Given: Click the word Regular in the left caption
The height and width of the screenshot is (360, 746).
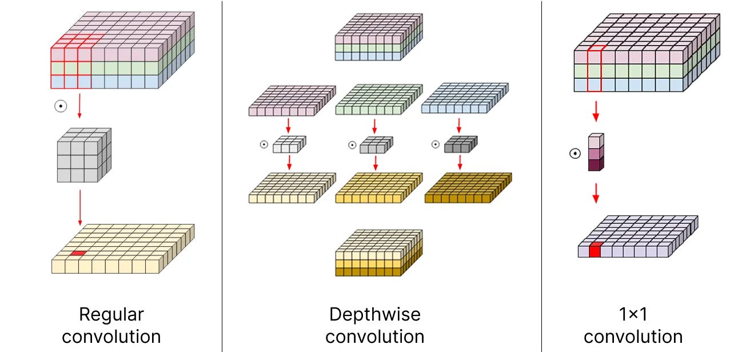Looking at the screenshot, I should click(111, 314).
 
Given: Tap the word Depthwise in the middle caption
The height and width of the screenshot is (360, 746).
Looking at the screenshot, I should click(375, 314).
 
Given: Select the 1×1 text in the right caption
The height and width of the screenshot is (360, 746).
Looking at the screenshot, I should click(633, 314).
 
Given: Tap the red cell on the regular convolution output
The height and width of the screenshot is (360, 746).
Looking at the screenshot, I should click(78, 253).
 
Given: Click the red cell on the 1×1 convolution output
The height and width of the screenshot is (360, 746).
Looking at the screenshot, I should click(595, 250).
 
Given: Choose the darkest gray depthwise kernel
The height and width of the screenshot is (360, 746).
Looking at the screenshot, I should click(460, 143).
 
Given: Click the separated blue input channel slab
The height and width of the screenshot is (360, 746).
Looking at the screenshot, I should click(464, 101).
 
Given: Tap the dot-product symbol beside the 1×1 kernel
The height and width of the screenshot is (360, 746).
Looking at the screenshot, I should click(575, 153).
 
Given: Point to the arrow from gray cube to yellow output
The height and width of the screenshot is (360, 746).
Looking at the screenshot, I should click(80, 206).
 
